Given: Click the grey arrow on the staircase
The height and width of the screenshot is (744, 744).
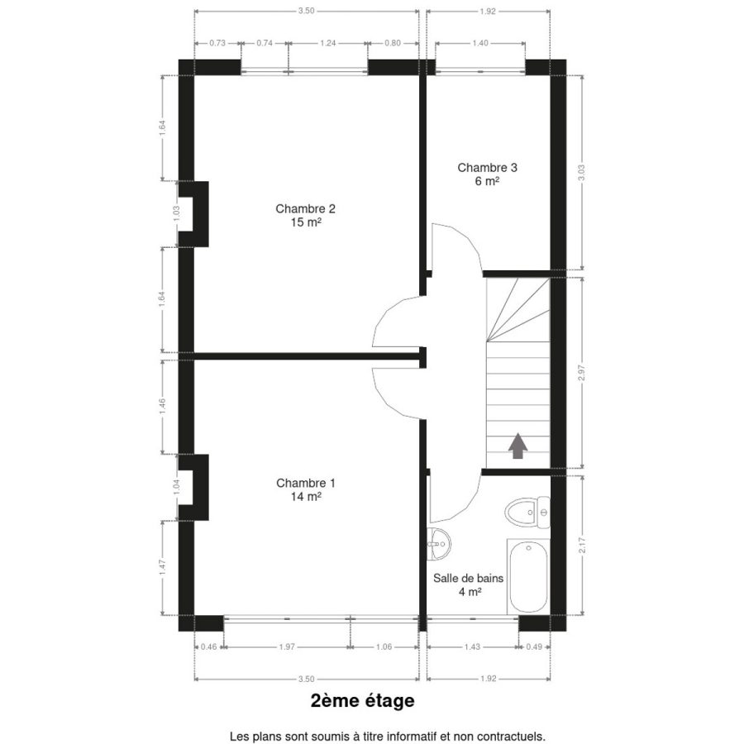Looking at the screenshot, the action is tap(517, 446).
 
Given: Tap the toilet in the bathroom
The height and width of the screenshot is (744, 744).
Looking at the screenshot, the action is tap(527, 512).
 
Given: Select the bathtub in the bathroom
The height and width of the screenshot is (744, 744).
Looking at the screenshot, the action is tap(528, 576).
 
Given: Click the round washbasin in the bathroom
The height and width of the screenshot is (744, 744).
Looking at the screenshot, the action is tap(438, 544).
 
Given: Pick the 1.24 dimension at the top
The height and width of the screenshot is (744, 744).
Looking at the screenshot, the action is tap(328, 43).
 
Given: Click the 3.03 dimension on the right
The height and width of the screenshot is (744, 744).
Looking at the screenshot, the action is tap(582, 172).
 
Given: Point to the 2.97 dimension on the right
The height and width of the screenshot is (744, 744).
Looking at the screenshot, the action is tap(582, 373).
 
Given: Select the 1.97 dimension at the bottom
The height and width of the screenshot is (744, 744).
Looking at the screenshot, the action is tap(287, 646).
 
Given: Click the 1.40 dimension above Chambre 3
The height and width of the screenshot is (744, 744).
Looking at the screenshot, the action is tap(480, 43).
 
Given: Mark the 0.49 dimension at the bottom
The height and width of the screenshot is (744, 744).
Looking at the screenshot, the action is tap(534, 646).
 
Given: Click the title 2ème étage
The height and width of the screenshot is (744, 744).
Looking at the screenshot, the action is tap(363, 700).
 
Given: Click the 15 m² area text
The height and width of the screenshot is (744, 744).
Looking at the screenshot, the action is tap(306, 222).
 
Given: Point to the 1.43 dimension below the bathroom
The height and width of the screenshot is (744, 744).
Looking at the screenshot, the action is tap(472, 646).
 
